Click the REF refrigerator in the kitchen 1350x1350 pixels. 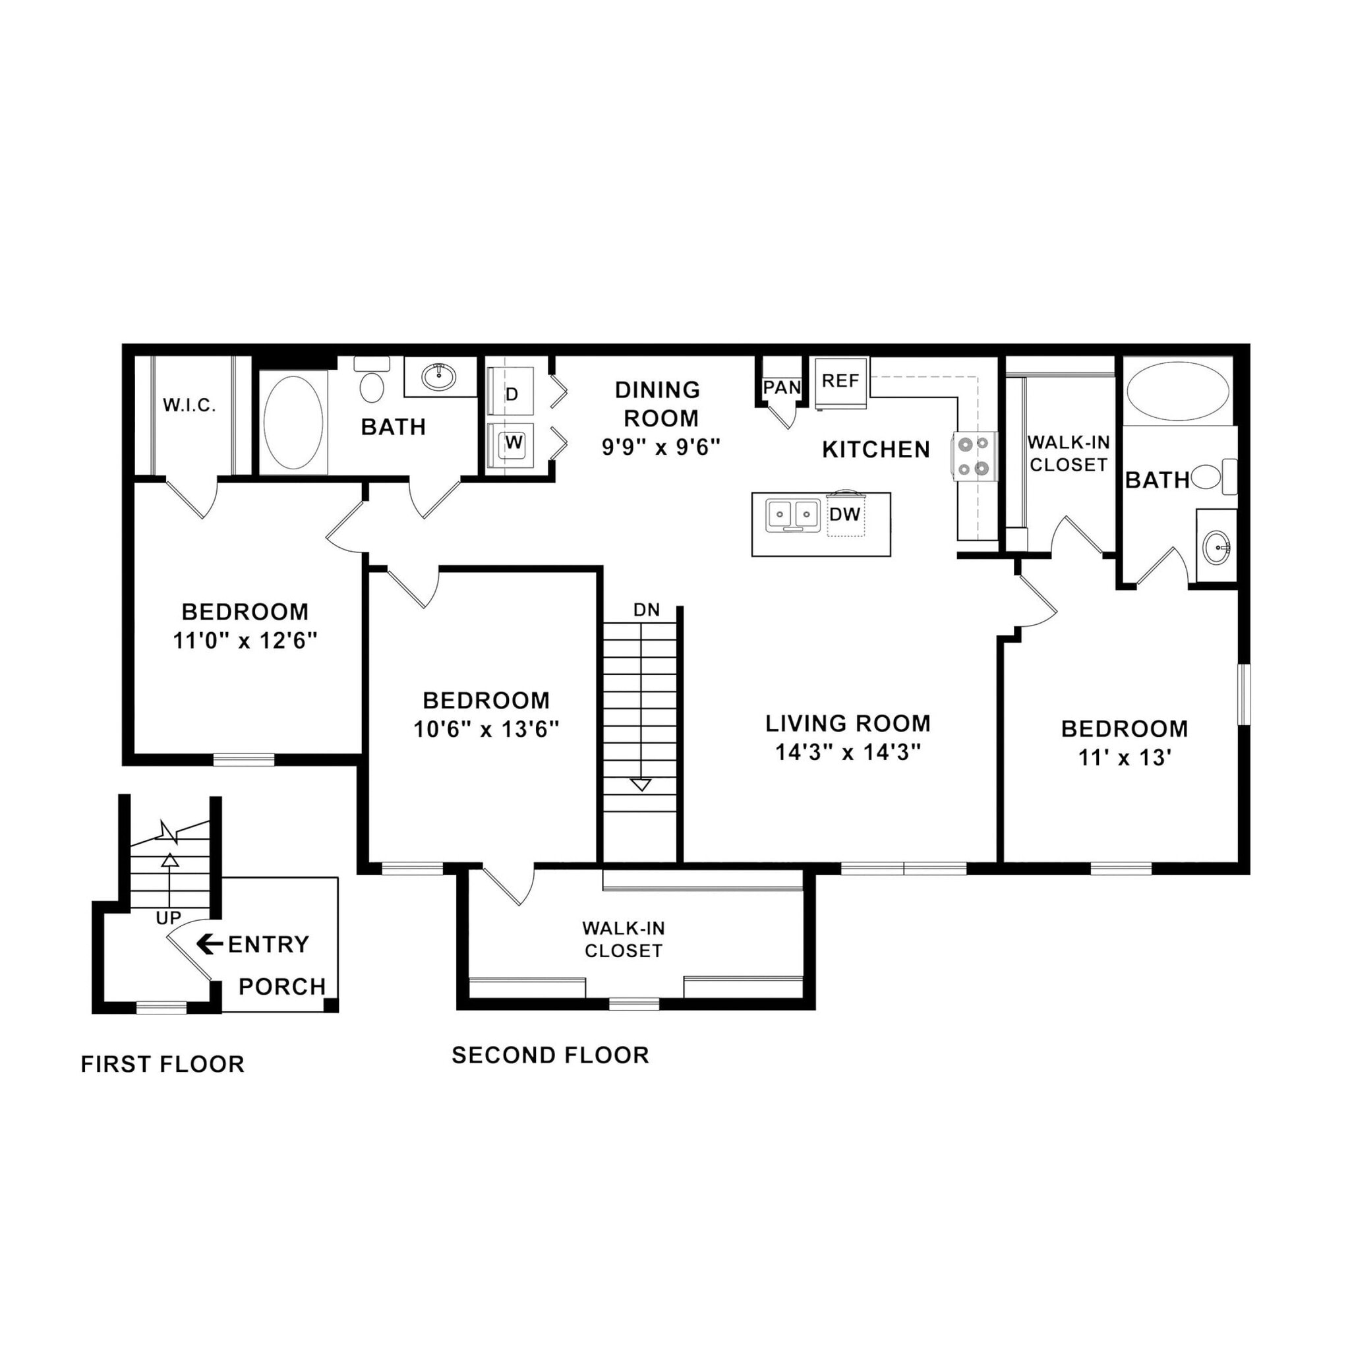click(840, 382)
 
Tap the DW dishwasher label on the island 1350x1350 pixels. click(845, 514)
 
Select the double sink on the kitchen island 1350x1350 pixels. click(792, 515)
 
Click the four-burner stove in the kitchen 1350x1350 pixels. click(974, 456)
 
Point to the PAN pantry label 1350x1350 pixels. click(781, 387)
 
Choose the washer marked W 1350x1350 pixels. click(514, 442)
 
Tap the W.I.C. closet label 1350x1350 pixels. click(189, 405)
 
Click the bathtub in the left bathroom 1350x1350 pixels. click(293, 422)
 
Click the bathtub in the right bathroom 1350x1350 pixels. click(1178, 392)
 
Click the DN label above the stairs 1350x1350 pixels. click(647, 610)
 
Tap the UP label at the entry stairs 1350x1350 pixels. click(168, 918)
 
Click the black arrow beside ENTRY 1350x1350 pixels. click(209, 944)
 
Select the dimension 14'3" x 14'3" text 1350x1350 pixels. click(848, 753)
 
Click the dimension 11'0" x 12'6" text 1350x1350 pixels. click(245, 641)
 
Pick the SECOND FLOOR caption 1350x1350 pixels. click(550, 1055)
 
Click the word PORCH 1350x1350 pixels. click(282, 987)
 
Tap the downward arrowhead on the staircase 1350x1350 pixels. click(641, 784)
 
